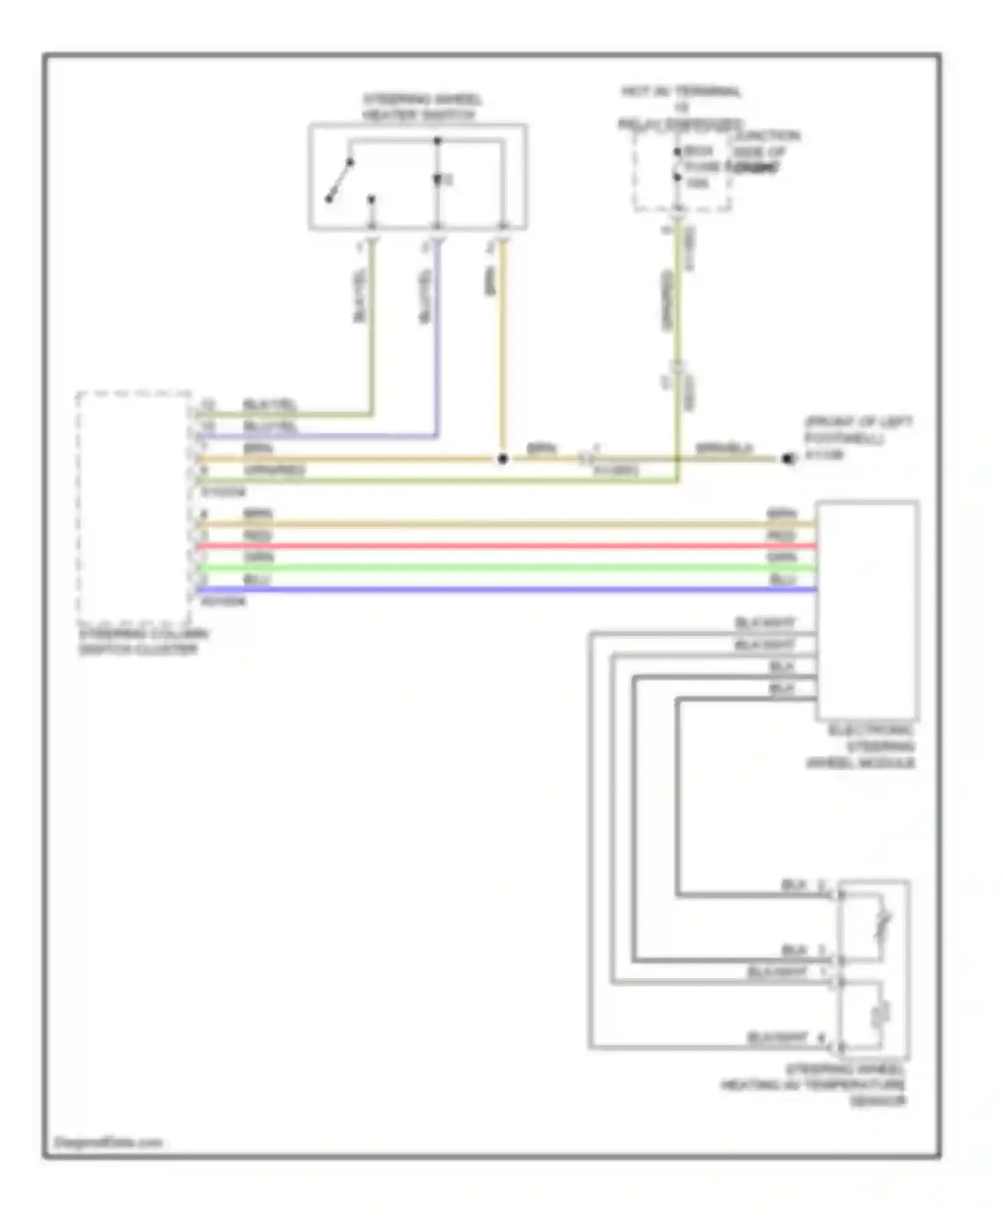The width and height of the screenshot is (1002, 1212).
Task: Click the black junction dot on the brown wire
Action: point(503,459)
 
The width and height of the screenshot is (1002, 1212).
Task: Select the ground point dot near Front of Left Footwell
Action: point(788,459)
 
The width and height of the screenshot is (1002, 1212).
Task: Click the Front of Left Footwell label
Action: point(858,430)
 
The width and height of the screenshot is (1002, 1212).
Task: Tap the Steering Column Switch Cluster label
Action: point(144,642)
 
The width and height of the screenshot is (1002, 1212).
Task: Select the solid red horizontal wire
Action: point(508,547)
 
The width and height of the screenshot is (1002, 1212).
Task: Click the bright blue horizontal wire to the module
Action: point(508,590)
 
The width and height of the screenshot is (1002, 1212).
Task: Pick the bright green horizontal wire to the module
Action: point(508,569)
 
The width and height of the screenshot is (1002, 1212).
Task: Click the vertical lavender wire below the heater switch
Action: point(438,334)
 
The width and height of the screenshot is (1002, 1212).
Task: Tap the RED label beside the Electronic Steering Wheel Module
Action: point(782,537)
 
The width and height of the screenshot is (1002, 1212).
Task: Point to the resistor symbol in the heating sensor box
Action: point(881,1016)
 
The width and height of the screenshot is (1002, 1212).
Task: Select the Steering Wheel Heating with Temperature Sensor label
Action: point(815,1085)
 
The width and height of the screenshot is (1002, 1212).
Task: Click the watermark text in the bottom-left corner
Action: point(108,1143)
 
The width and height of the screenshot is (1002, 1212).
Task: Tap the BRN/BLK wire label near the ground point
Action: point(724,448)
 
